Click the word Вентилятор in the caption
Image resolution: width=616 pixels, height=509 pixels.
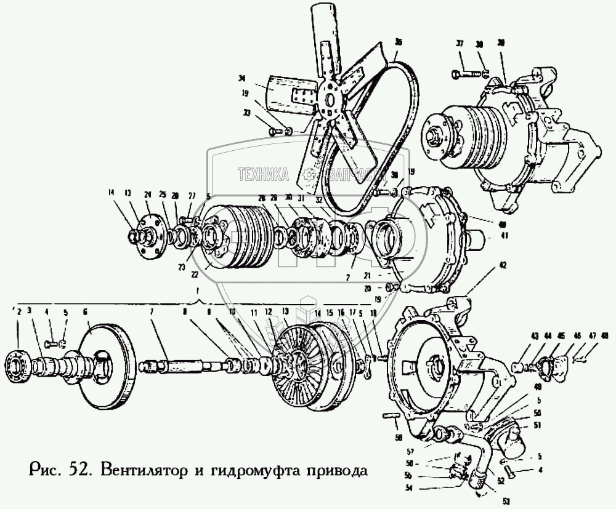pos(132,473)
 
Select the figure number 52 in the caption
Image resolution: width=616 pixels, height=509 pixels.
pos(77,473)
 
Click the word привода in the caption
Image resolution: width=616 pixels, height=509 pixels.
pos(335,473)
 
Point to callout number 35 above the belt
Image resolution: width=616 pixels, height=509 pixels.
pos(399,42)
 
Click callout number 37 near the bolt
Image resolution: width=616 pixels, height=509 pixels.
pos(459,44)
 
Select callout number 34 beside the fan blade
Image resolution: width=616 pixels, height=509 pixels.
pos(241,78)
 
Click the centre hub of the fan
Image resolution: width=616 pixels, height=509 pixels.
pos(331,100)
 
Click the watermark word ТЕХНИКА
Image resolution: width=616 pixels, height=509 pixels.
pos(264,175)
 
